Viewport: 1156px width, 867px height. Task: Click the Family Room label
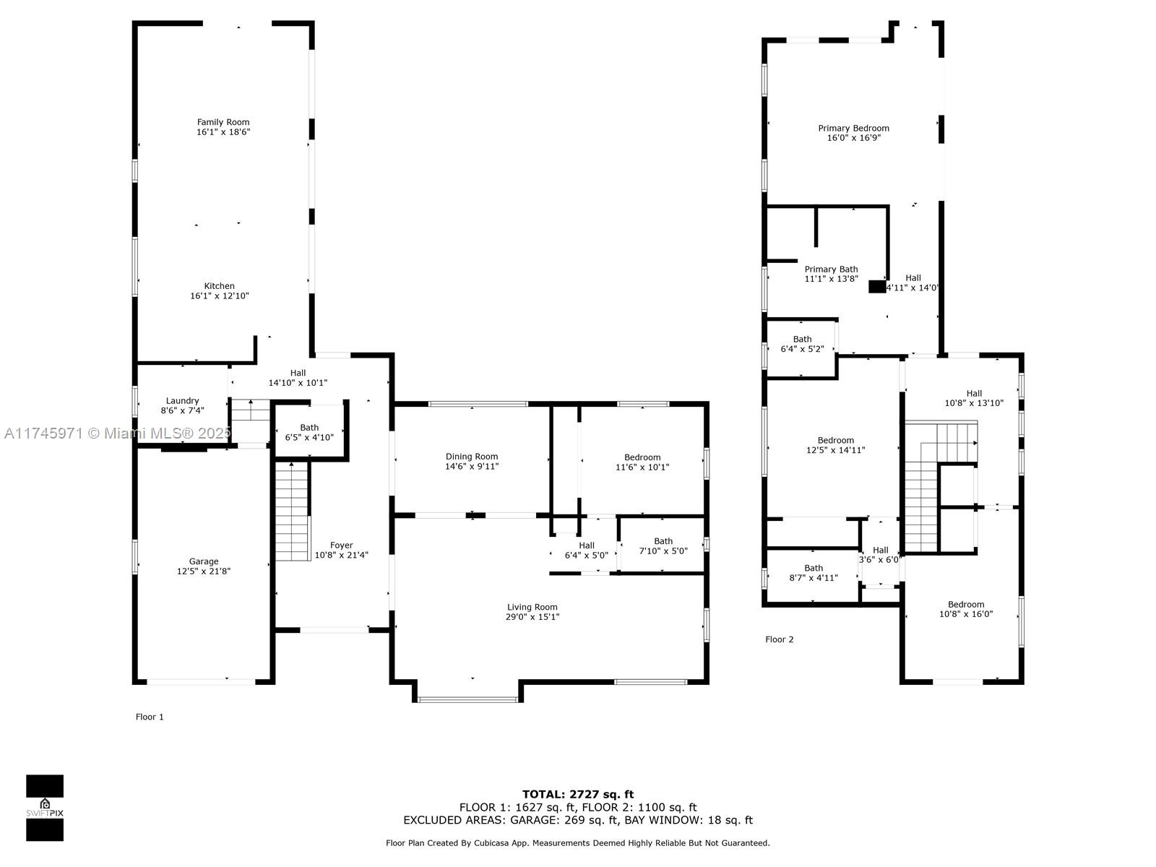point(223,122)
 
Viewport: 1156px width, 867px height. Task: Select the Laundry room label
point(182,401)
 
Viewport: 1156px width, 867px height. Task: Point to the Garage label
point(204,561)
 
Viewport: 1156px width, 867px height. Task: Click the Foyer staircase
point(292,512)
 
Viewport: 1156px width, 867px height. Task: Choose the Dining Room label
point(471,457)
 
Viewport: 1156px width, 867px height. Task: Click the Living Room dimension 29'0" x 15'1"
point(532,617)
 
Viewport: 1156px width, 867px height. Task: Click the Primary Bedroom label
point(853,129)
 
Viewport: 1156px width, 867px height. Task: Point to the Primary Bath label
point(831,269)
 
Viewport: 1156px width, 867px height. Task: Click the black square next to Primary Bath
point(876,287)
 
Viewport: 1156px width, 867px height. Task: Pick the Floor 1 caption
point(150,717)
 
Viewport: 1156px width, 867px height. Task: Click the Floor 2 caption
point(779,639)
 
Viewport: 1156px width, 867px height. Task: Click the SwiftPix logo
point(45,807)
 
